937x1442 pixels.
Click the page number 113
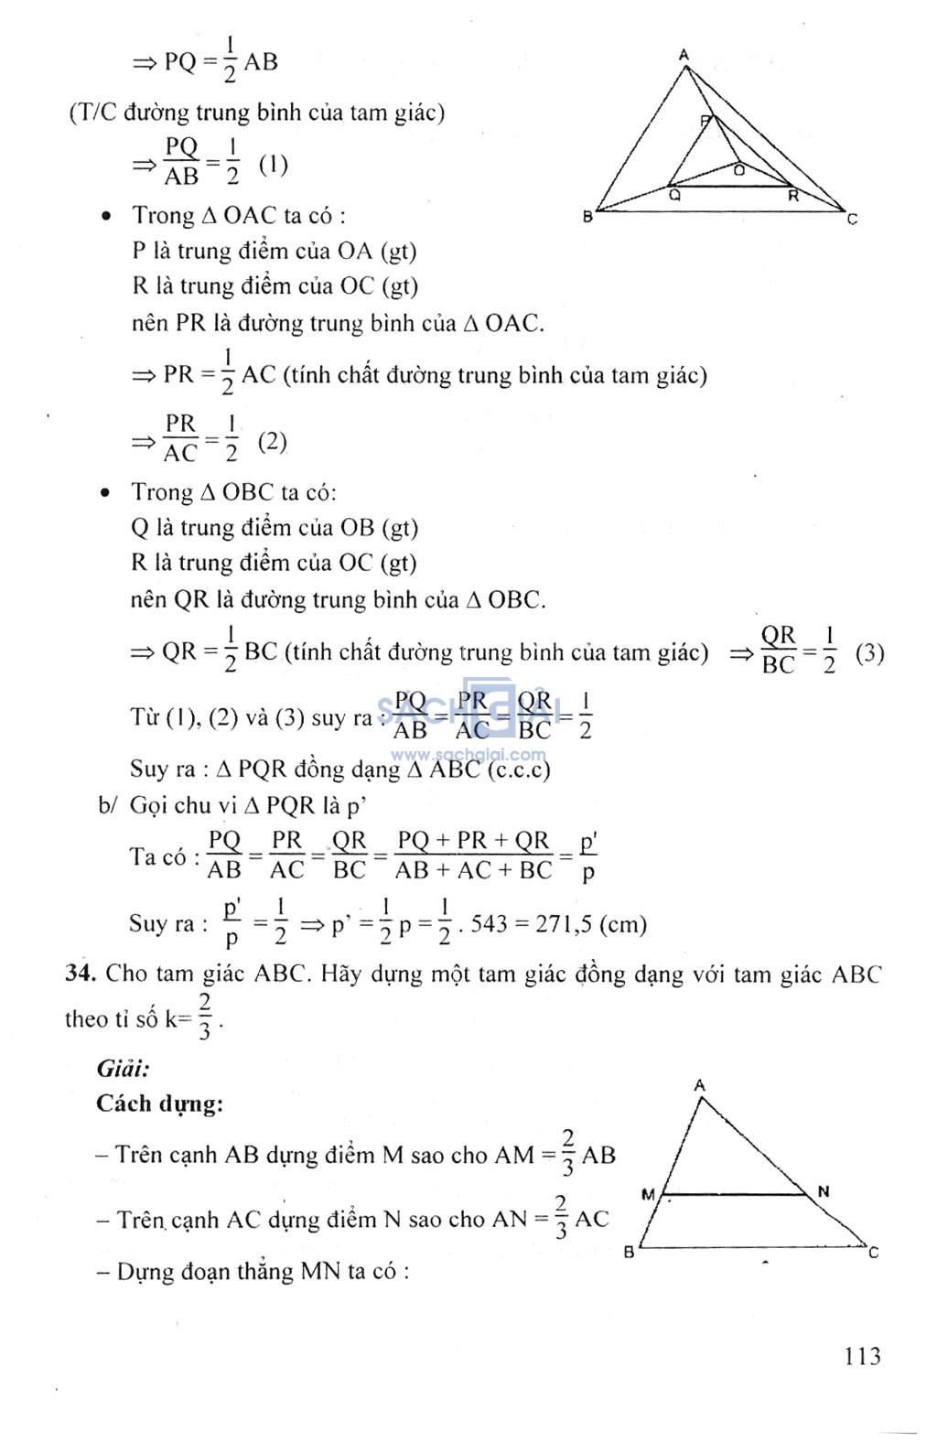[x=862, y=1355]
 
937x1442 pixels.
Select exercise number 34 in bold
[x=80, y=973]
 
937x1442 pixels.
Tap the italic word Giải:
[x=123, y=1068]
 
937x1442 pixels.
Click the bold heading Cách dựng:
[x=159, y=1103]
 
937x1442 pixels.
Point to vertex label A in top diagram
[x=684, y=56]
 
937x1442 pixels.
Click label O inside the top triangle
[x=738, y=169]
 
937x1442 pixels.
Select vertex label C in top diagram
[x=852, y=219]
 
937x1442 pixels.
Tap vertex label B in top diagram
[x=588, y=218]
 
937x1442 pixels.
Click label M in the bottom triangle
[x=648, y=1194]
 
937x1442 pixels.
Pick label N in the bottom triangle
[x=823, y=1191]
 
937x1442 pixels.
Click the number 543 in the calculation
[x=489, y=924]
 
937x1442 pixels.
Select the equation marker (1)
[x=273, y=165]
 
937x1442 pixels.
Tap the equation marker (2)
[x=273, y=442]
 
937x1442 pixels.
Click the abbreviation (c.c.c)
[x=519, y=769]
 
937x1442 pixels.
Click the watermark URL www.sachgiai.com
[x=468, y=755]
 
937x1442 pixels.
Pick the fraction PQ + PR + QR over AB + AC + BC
[x=473, y=856]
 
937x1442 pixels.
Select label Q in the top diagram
[x=674, y=194]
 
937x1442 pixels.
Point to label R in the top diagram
[x=792, y=195]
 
